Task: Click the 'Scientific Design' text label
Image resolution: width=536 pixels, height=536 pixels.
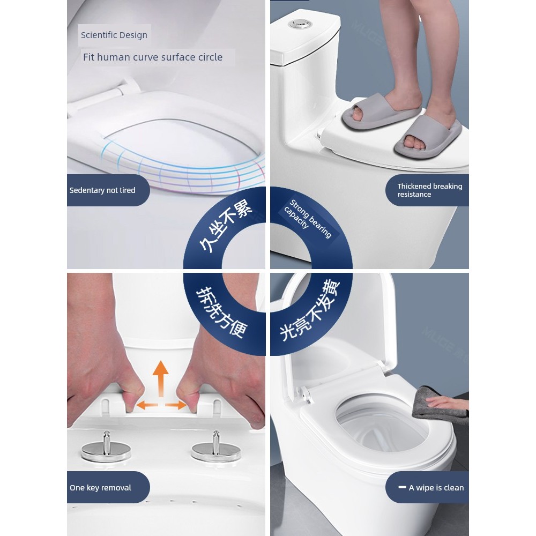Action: click(x=114, y=35)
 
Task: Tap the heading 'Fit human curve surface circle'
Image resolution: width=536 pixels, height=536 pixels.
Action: click(x=153, y=57)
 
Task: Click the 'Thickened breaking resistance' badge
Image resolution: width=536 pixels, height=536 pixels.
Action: click(x=427, y=190)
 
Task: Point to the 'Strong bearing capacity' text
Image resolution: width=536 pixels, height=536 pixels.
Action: click(x=308, y=219)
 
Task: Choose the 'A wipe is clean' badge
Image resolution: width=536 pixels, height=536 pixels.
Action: click(x=427, y=487)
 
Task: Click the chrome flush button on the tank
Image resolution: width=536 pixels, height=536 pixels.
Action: click(x=300, y=24)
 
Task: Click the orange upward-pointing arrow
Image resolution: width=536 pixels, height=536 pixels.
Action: click(x=160, y=378)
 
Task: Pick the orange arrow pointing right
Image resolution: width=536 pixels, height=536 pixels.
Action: click(x=176, y=405)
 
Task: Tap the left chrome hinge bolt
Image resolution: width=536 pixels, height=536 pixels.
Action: click(x=106, y=446)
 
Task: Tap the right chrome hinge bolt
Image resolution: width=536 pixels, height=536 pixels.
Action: click(x=216, y=446)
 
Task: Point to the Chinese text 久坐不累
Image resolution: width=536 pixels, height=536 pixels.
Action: click(x=226, y=226)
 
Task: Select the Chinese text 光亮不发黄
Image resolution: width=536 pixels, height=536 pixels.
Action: click(x=309, y=310)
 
